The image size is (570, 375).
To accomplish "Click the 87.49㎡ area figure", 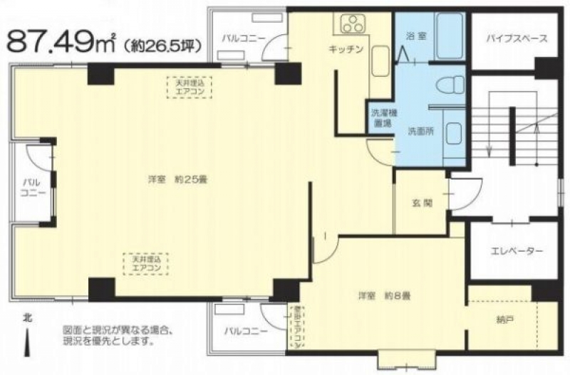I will tap(60, 41).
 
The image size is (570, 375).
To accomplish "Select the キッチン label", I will tap(347, 49).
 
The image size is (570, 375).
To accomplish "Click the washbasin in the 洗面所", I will tap(452, 132).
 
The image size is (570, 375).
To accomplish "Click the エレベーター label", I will tap(517, 251).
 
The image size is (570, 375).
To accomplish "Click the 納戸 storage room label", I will tap(507, 320).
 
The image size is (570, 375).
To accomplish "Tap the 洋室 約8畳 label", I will tap(383, 295).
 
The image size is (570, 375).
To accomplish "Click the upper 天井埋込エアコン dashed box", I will tap(190, 88).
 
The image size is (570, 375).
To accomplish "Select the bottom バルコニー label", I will tap(245, 331).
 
